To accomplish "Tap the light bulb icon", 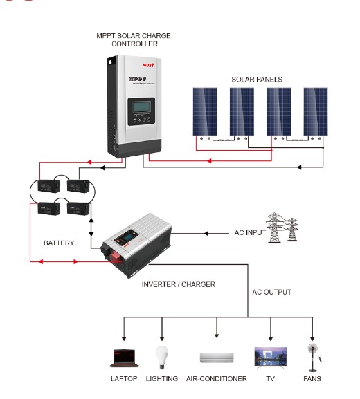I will (161, 357).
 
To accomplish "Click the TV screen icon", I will (270, 357).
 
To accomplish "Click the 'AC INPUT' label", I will (250, 233).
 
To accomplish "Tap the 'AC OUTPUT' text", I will (271, 292).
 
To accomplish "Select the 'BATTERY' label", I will (59, 243).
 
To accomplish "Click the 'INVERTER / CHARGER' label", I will (179, 284).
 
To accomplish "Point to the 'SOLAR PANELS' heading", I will (258, 80).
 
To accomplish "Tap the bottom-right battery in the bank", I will (78, 209).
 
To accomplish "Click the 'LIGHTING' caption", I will (162, 379).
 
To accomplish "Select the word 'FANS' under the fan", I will (312, 379).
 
